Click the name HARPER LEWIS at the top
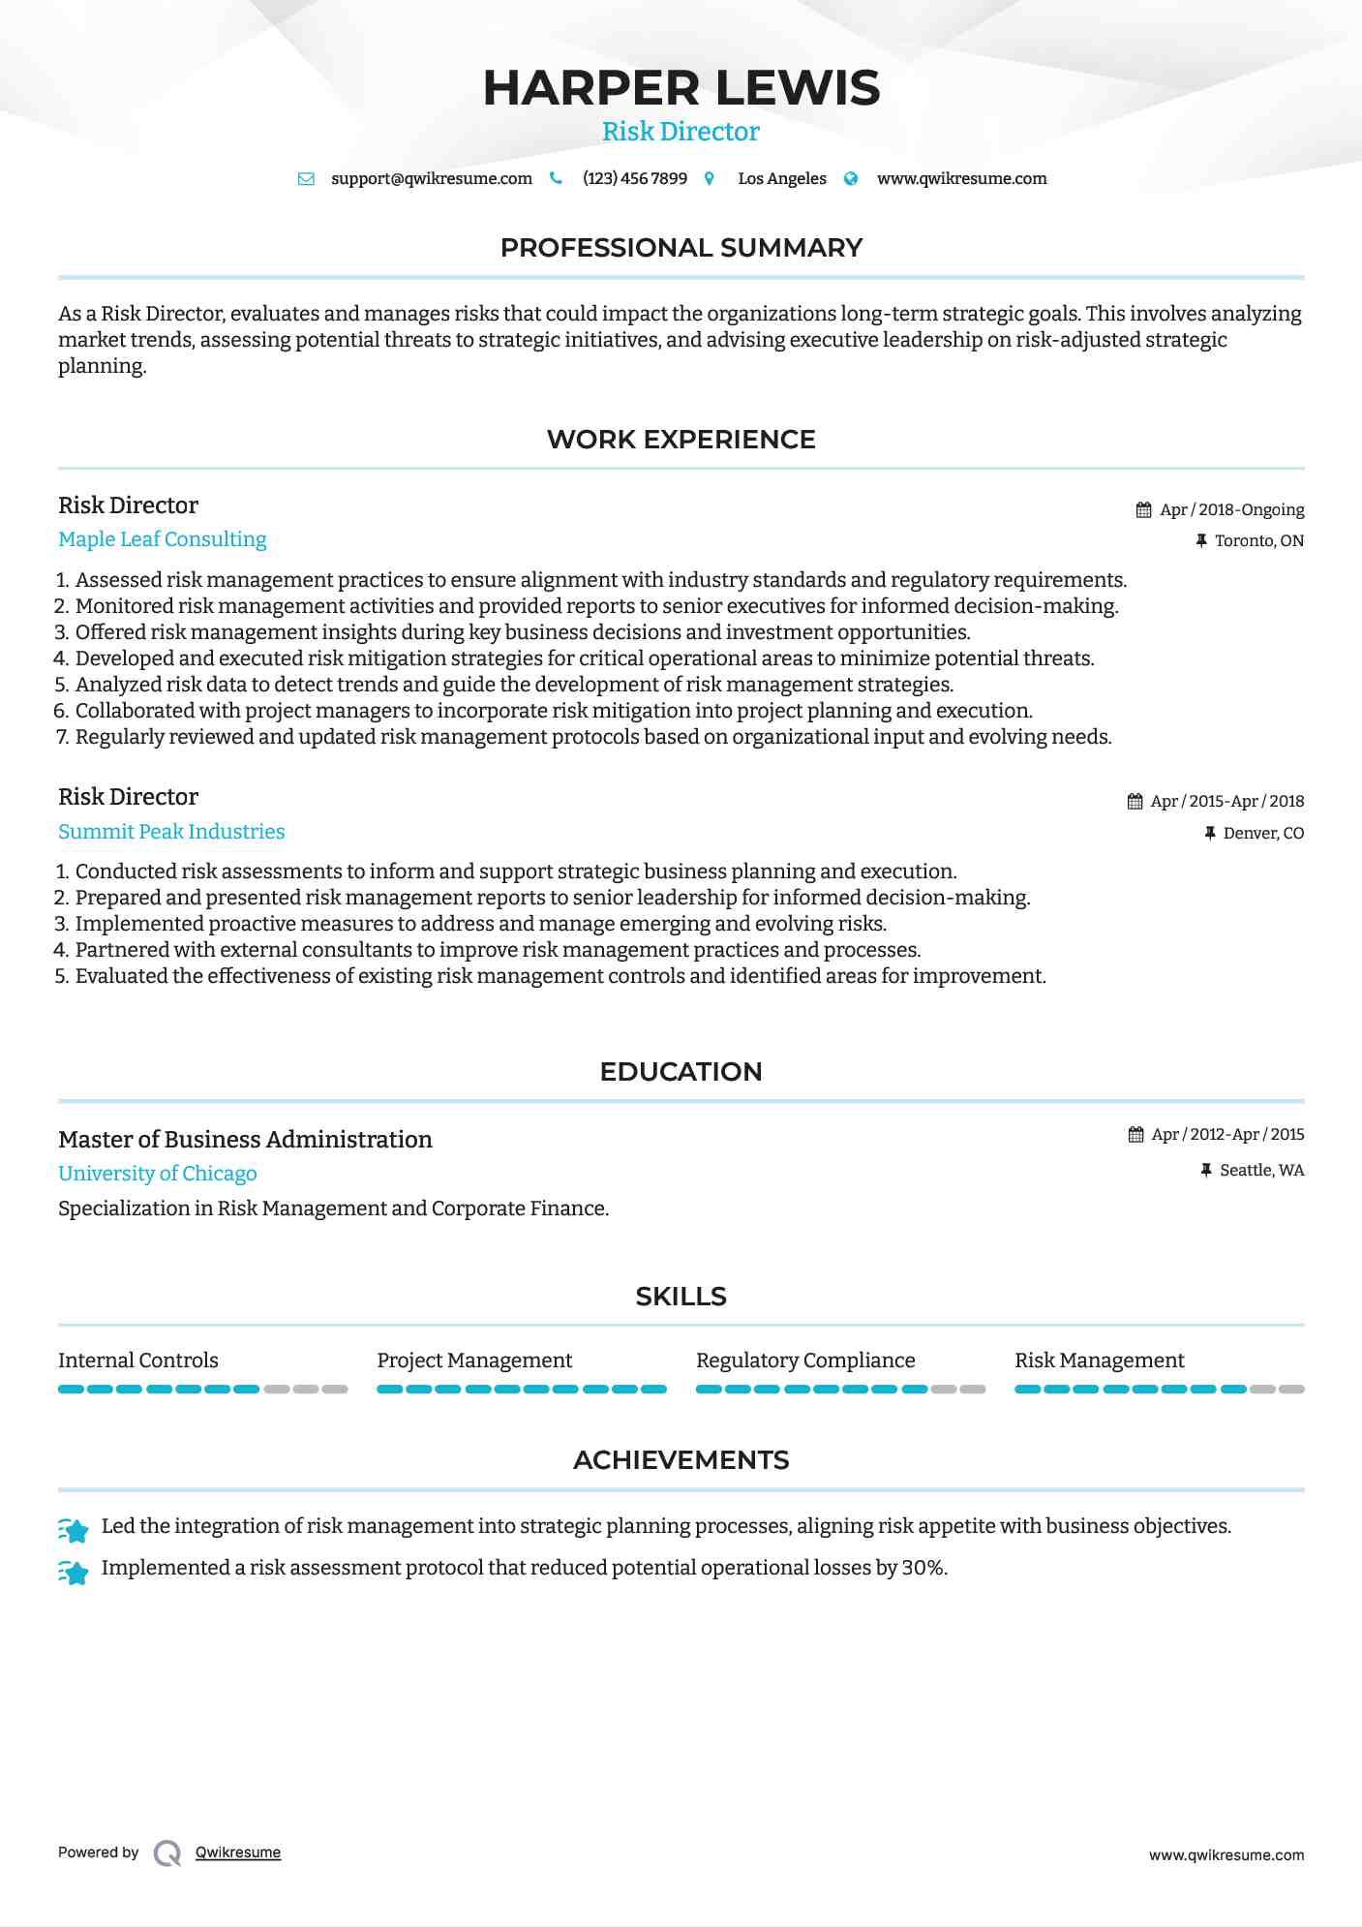tap(681, 88)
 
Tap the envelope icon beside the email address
tap(306, 179)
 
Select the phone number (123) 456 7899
tap(634, 179)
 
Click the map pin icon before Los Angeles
tap(710, 179)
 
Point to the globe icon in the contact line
tap(851, 179)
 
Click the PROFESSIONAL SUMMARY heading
tap(681, 248)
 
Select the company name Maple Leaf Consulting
tap(162, 539)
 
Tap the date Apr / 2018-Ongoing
tap(1231, 510)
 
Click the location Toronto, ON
tap(1258, 541)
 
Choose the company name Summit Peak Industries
tap(171, 832)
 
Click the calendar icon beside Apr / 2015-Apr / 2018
tap(1135, 802)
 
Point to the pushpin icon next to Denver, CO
tap(1209, 834)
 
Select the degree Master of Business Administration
tap(245, 1140)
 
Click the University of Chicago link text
tap(157, 1174)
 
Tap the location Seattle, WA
tap(1261, 1171)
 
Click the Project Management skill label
tap(474, 1361)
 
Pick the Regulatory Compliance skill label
tap(804, 1361)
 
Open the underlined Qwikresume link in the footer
tap(237, 1852)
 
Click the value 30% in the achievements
tap(923, 1568)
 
